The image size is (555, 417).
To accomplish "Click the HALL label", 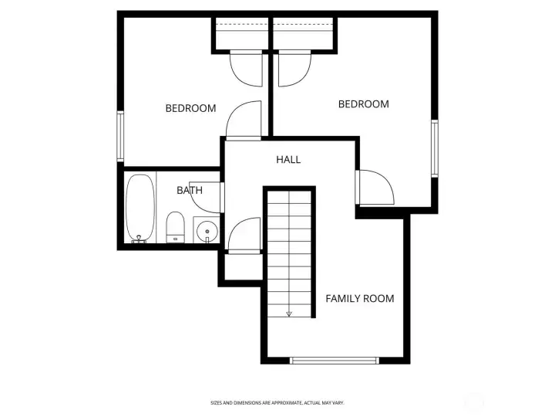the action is (x=288, y=160).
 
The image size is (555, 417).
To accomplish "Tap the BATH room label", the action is (x=190, y=191).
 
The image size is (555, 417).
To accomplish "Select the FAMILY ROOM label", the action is (x=360, y=299).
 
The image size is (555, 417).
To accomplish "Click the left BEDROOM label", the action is (x=191, y=108).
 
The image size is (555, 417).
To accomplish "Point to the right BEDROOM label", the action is (x=364, y=104).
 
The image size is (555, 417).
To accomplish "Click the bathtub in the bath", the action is (x=140, y=208).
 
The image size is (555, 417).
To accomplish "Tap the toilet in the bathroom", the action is (x=175, y=227).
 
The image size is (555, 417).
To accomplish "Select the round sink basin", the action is (x=207, y=231).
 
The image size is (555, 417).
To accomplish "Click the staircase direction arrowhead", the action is (x=289, y=314).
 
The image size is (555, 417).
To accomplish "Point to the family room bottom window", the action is (x=334, y=361).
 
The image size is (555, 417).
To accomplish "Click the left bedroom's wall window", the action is (x=120, y=137).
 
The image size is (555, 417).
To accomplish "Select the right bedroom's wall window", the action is (x=434, y=148).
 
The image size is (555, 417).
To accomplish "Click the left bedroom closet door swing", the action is (x=246, y=69).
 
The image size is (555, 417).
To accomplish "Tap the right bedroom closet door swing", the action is (x=294, y=69).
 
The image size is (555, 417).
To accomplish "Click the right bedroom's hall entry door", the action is (x=375, y=187).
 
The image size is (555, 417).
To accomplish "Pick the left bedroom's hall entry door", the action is (x=244, y=120).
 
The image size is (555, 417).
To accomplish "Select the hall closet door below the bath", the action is (x=244, y=235).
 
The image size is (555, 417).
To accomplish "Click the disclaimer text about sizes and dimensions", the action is (x=277, y=403).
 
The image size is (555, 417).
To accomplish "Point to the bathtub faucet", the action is (x=139, y=239).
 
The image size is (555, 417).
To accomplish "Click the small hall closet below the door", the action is (x=244, y=266).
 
